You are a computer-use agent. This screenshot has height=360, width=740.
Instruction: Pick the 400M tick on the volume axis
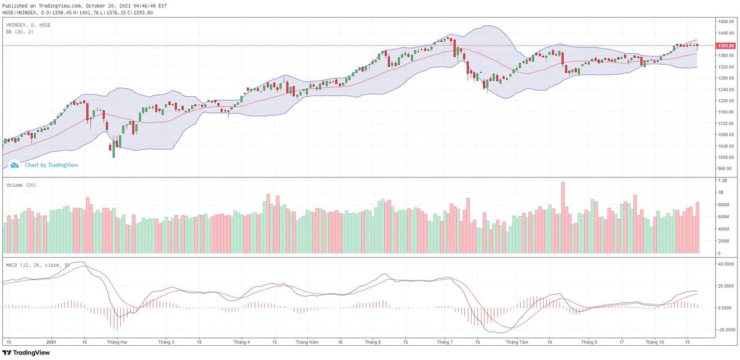pos(722,229)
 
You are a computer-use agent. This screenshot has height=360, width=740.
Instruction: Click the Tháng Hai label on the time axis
pos(117,341)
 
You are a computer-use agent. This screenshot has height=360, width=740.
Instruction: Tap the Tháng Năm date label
pos(306,341)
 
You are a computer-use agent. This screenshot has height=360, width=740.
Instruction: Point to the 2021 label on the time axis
pos(51,341)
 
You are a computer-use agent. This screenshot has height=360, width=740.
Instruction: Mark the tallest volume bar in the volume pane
pos(562,218)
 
